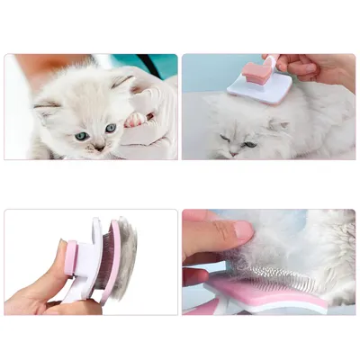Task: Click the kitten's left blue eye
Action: tap(83, 136)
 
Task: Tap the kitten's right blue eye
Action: tap(110, 129)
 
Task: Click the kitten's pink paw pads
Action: tap(136, 118)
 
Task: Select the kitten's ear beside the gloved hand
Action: tap(121, 82)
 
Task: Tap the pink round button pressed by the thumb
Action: tap(69, 256)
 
